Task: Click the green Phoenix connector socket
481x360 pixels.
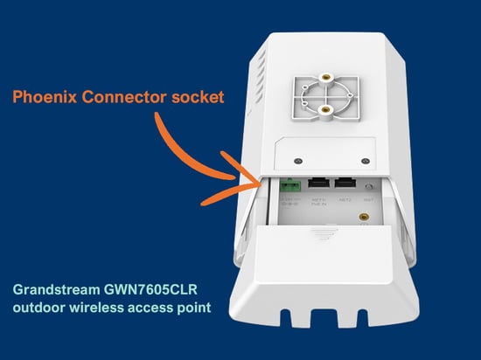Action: (290, 185)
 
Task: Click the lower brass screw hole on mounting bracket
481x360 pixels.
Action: (325, 111)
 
